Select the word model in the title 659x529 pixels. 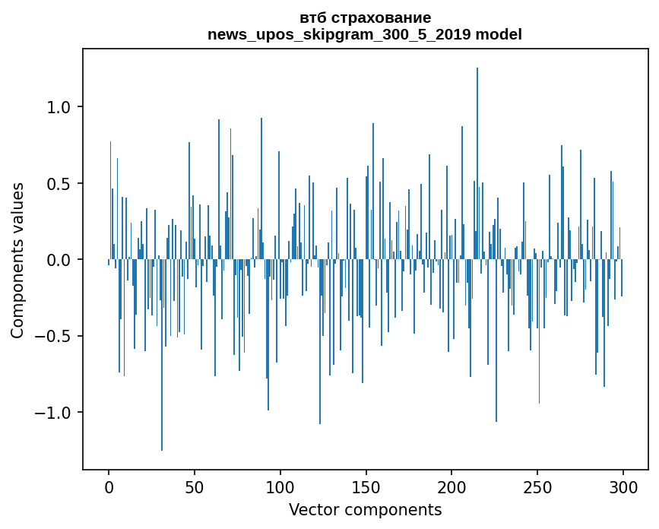pos(503,35)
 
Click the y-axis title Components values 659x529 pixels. pos(17,260)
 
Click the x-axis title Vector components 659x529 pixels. pos(365,509)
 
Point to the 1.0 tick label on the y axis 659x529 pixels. pos(59,107)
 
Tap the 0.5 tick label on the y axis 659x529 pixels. pos(59,184)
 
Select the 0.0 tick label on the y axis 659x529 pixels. pos(59,260)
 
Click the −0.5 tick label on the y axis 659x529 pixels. pos(53,337)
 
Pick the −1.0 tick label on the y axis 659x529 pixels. pos(53,413)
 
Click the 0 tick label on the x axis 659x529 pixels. pos(109,486)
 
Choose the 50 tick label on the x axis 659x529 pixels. pos(195,486)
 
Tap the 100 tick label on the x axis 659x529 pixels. pos(280,486)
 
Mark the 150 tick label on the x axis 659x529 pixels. pos(366,486)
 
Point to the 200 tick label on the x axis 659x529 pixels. pos(451,486)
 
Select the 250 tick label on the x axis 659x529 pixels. pos(537,486)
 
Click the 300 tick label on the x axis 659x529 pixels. pos(623,486)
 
